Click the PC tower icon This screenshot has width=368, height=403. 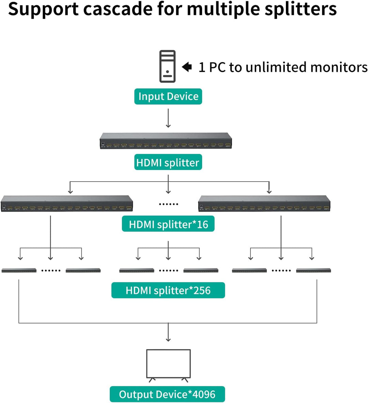(167, 66)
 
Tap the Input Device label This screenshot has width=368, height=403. (168, 96)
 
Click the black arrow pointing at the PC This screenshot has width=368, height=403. (187, 67)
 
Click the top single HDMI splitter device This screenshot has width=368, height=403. (166, 141)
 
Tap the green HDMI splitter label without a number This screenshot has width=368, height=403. (168, 162)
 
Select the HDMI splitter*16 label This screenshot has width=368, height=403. (168, 224)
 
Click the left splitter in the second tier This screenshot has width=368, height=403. (67, 204)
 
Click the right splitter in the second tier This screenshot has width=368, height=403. (264, 204)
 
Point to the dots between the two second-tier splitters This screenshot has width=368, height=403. (168, 204)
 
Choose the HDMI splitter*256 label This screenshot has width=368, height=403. (168, 290)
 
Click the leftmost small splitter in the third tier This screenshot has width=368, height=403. (19, 270)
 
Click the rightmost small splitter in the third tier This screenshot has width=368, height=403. (313, 270)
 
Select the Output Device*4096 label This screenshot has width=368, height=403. (167, 394)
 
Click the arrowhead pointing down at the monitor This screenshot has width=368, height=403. (168, 339)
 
